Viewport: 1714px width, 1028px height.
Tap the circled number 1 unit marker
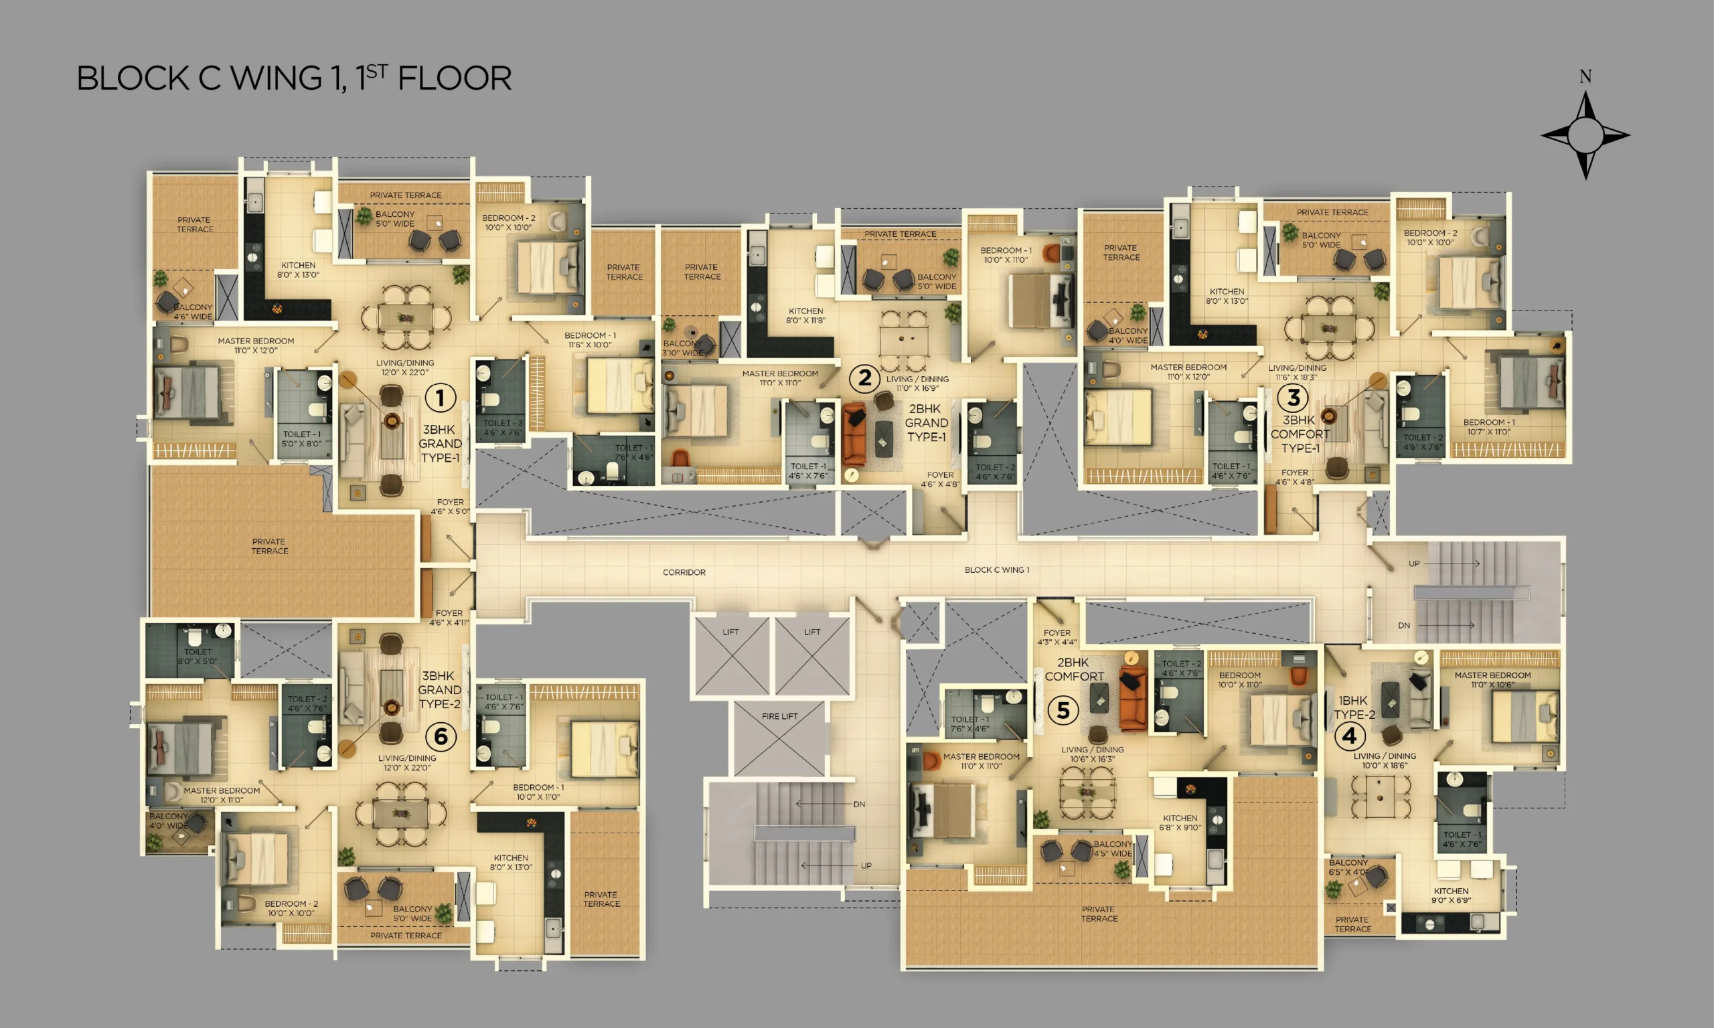(x=440, y=398)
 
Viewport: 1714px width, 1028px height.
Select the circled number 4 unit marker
(x=1350, y=736)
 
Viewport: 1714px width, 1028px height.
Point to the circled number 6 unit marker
(x=441, y=737)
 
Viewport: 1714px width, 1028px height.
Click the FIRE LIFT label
(x=779, y=716)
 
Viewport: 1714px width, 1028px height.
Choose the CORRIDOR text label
(x=684, y=572)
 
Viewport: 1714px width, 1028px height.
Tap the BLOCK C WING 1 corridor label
(x=997, y=570)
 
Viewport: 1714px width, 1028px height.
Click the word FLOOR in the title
(x=455, y=78)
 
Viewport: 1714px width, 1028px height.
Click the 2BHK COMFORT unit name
(x=1074, y=669)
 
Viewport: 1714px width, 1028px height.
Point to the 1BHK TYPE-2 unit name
(x=1354, y=707)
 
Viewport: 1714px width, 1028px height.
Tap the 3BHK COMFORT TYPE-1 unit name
(x=1300, y=434)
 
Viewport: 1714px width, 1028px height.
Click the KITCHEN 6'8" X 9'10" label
(x=1180, y=823)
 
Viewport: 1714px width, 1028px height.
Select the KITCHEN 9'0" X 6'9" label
(x=1451, y=895)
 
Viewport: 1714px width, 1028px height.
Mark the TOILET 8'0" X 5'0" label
(x=198, y=657)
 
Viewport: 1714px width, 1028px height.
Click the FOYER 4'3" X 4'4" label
(x=1057, y=637)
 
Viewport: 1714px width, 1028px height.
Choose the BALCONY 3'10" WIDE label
(x=682, y=348)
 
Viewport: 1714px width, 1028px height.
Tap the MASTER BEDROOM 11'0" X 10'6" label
(x=1492, y=679)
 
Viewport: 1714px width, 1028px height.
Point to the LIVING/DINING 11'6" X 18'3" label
(x=1297, y=373)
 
